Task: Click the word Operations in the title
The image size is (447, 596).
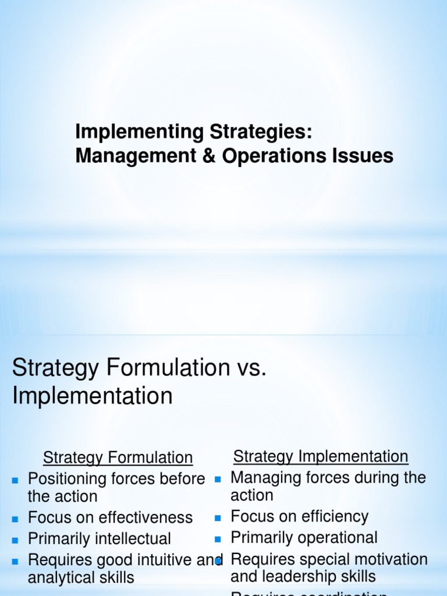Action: click(x=279, y=156)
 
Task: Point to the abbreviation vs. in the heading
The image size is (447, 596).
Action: click(x=251, y=368)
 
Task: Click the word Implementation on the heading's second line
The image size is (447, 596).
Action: click(x=93, y=396)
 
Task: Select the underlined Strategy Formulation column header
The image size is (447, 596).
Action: click(x=118, y=457)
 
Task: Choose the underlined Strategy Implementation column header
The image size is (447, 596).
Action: click(x=321, y=456)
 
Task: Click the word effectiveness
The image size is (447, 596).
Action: click(x=144, y=517)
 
